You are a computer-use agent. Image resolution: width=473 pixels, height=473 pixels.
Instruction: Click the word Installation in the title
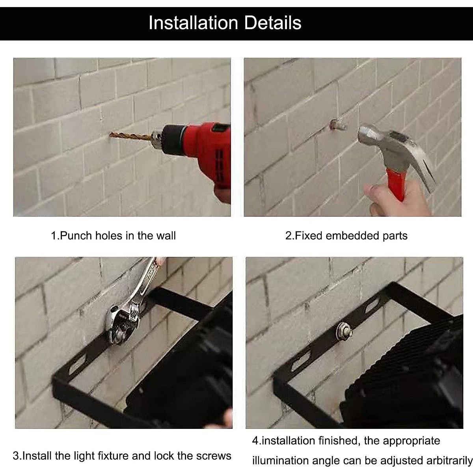(193, 23)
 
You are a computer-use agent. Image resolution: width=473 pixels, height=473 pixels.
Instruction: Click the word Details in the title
(273, 23)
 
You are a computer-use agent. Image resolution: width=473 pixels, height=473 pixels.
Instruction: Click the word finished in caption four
(338, 440)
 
